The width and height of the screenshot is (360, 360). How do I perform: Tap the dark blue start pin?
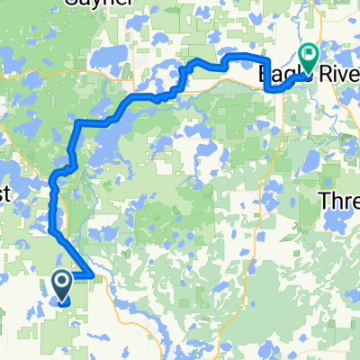pyautogui.click(x=63, y=285)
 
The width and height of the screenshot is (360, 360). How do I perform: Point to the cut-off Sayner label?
pyautogui.click(x=107, y=4)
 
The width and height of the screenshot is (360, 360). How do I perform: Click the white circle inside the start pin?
pyautogui.click(x=63, y=283)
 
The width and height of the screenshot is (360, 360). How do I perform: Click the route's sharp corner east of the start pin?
pyautogui.click(x=94, y=274)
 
